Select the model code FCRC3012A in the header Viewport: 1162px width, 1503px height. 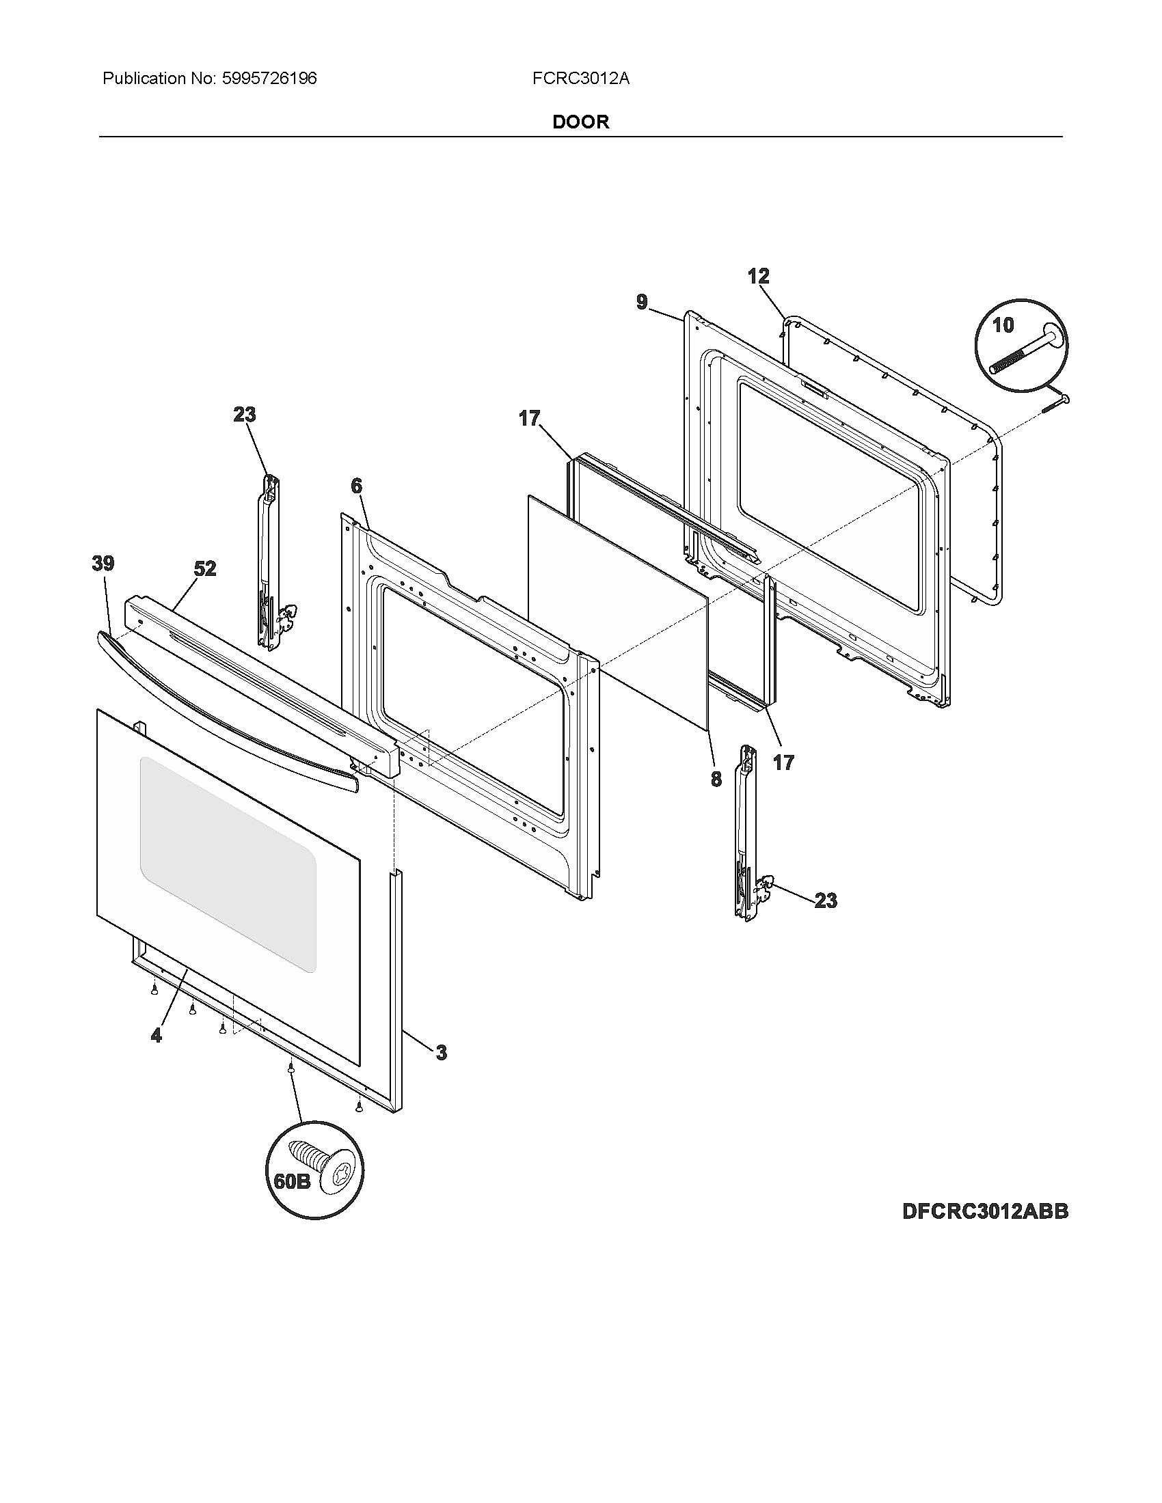coord(580,79)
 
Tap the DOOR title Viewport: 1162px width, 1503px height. coord(581,122)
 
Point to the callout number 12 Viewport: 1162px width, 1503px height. coord(758,277)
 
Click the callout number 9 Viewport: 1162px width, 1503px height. coord(642,302)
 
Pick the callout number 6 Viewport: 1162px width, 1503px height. coord(356,486)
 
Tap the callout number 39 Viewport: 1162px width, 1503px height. coord(103,564)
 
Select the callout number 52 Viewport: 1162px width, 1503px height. coord(205,568)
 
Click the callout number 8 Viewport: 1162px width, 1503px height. coord(716,779)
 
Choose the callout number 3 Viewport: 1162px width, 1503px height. coord(441,1052)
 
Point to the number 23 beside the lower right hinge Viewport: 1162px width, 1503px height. coord(826,901)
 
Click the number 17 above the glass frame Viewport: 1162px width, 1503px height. coord(529,418)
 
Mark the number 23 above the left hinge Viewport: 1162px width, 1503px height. coord(245,414)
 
